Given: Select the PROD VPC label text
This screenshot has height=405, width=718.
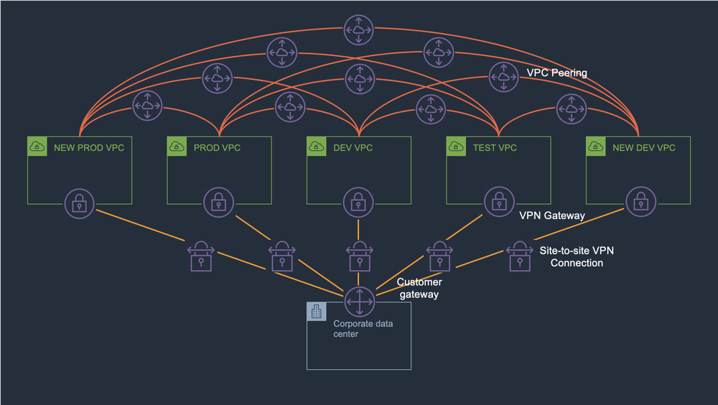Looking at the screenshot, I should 217,148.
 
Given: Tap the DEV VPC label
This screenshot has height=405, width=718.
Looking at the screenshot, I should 353,148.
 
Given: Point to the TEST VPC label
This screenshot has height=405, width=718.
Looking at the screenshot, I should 494,148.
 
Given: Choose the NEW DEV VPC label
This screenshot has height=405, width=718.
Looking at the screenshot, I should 643,148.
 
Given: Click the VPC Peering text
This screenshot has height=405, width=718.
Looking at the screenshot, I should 556,73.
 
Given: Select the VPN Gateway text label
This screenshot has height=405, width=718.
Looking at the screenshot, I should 551,215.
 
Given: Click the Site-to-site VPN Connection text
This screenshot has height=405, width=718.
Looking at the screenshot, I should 577,256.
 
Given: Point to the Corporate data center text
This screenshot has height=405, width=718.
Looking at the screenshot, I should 363,328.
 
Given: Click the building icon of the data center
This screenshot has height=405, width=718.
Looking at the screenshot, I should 316,311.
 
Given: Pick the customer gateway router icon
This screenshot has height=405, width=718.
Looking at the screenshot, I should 358,302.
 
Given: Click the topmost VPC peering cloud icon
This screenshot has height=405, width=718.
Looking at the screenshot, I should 358,29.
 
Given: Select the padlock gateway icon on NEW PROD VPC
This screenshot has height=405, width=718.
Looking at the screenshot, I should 79,203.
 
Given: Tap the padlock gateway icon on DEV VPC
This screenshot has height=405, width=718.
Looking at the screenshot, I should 358,203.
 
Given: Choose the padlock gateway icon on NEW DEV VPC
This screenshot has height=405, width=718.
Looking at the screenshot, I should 640,202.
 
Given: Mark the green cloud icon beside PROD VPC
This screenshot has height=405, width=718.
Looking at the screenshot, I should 176,147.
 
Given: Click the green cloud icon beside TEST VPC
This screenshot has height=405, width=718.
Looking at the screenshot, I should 455,147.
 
